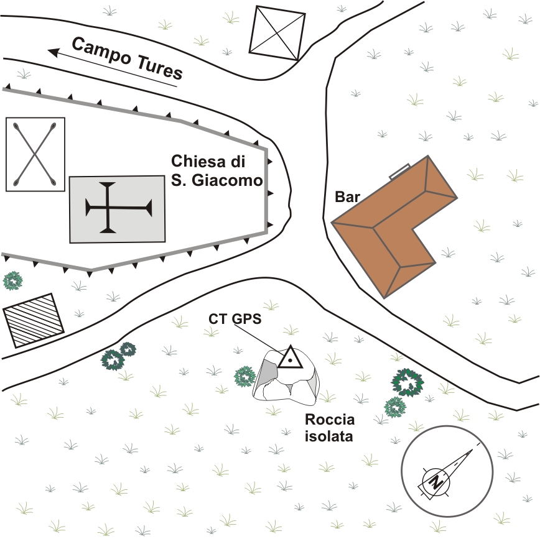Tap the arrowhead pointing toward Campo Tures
(54, 52)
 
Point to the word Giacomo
(227, 181)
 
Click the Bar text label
(347, 197)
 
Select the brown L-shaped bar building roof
(394, 226)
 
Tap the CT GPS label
(235, 319)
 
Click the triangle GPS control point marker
(291, 357)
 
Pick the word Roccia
(330, 420)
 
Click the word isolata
(329, 436)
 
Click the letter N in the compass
(436, 482)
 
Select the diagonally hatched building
(34, 320)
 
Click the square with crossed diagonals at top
(277, 34)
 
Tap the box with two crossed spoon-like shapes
(35, 154)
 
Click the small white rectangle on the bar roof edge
(399, 171)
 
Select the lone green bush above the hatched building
(12, 281)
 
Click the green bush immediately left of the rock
(244, 377)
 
